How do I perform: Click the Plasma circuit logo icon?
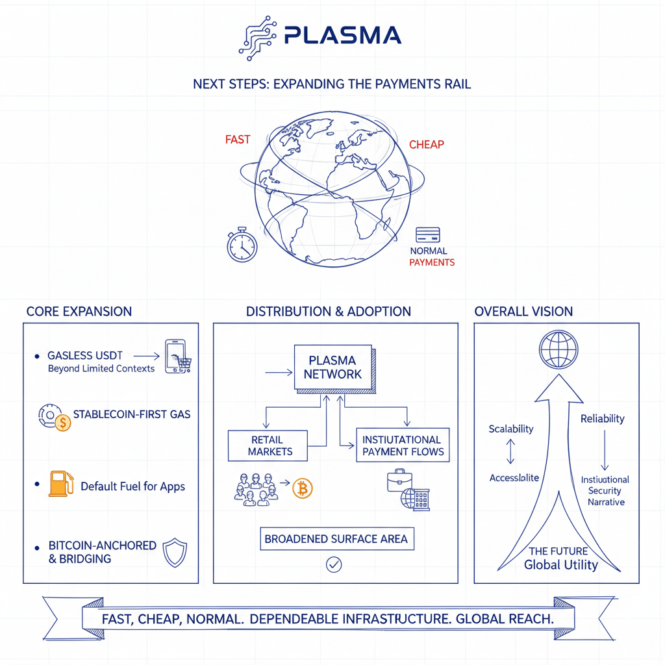(257, 36)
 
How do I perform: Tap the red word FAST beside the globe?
(237, 140)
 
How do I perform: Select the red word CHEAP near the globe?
(427, 144)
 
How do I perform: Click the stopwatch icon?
(242, 245)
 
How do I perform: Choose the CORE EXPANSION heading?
(79, 312)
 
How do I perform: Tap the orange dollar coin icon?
(62, 423)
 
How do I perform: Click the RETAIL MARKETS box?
(266, 446)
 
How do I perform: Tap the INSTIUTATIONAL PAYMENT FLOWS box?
(402, 445)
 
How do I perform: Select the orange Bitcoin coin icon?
(302, 488)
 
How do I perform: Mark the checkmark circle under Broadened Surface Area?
(334, 565)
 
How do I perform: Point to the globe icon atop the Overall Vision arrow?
(558, 349)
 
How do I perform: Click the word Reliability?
(602, 419)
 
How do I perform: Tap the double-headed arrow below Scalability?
(510, 451)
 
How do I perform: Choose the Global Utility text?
(560, 564)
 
